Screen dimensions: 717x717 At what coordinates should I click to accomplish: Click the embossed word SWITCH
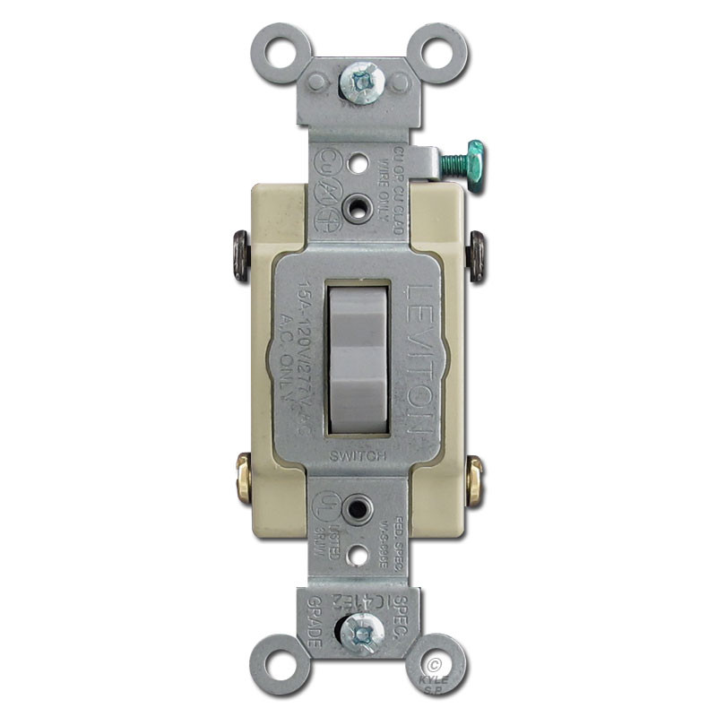tap(358, 456)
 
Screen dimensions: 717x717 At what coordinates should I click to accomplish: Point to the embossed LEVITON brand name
tap(419, 358)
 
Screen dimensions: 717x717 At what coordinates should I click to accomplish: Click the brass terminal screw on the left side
tap(240, 474)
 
